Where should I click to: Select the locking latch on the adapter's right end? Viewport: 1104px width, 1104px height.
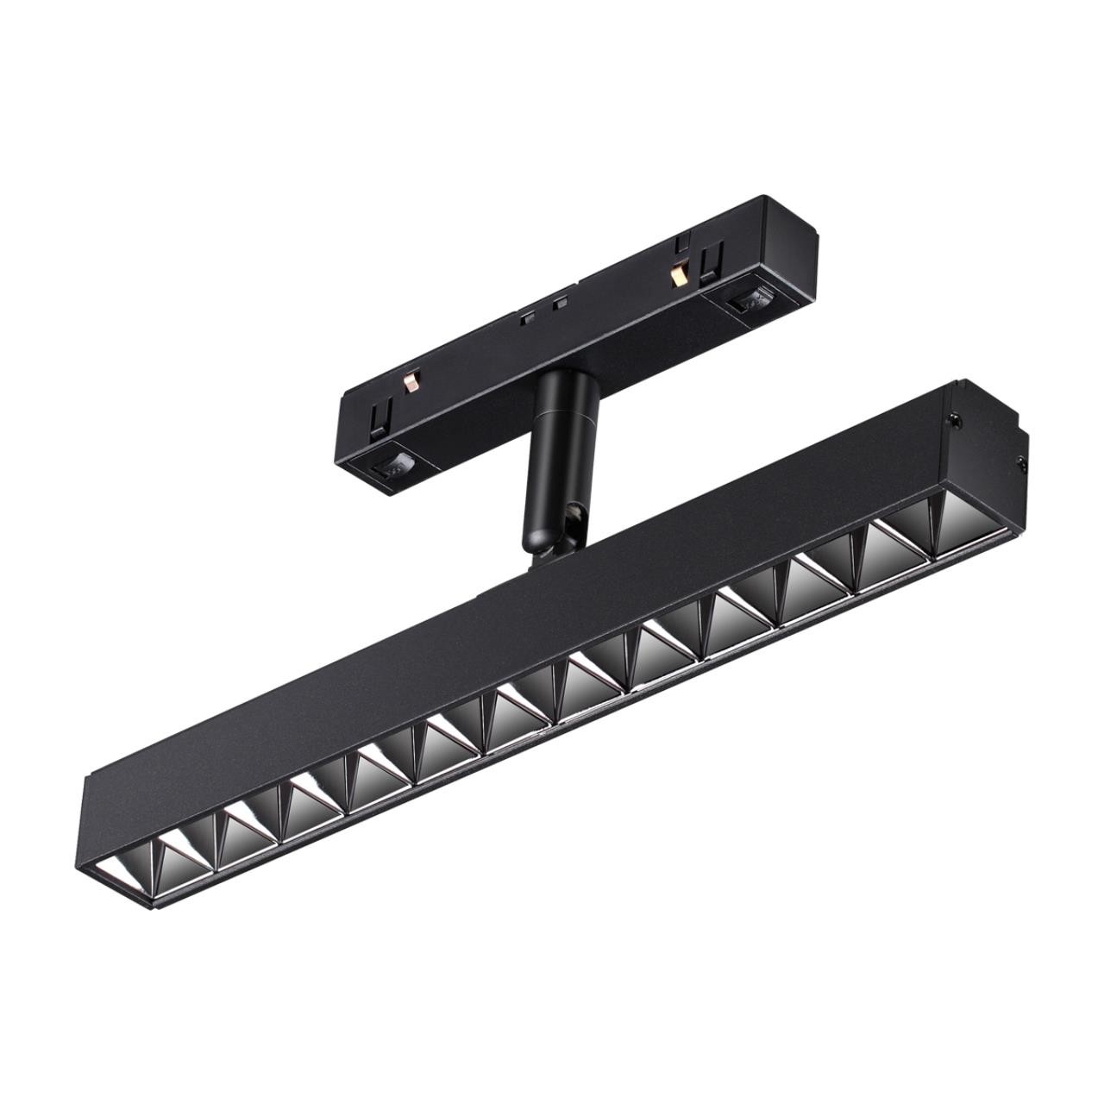pyautogui.click(x=749, y=302)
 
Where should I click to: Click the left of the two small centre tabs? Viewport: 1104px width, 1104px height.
pyautogui.click(x=525, y=316)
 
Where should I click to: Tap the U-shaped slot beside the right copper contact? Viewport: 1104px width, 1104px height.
pyautogui.click(x=709, y=260)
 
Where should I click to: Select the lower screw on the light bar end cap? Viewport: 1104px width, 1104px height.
pyautogui.click(x=1023, y=465)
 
